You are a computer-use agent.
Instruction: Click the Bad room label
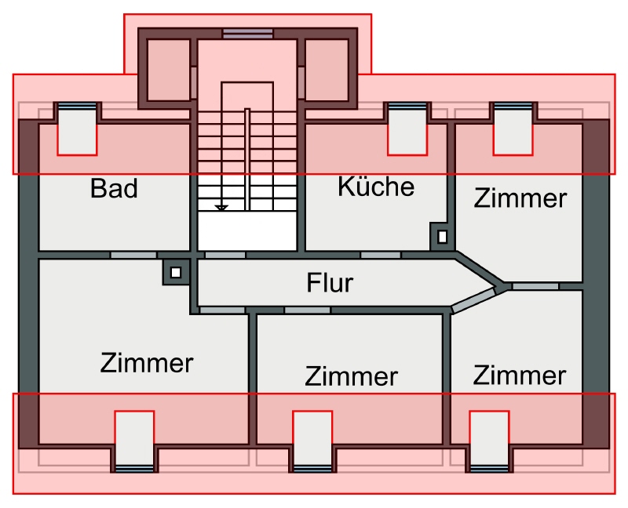(x=114, y=189)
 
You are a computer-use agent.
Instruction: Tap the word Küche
(x=375, y=187)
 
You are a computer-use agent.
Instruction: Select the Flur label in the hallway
(x=330, y=282)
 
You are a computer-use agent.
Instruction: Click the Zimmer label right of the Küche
(x=520, y=198)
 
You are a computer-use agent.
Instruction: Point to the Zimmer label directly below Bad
(x=147, y=363)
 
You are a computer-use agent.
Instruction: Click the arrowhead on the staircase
(x=222, y=208)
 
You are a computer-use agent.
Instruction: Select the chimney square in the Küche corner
(x=442, y=235)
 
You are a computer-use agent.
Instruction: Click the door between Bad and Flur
(x=133, y=255)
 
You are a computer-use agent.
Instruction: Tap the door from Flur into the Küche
(x=380, y=255)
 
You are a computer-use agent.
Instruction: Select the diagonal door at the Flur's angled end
(x=473, y=301)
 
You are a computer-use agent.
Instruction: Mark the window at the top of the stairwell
(x=247, y=34)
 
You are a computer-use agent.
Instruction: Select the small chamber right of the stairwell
(x=326, y=70)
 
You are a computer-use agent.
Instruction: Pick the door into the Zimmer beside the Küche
(x=535, y=286)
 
